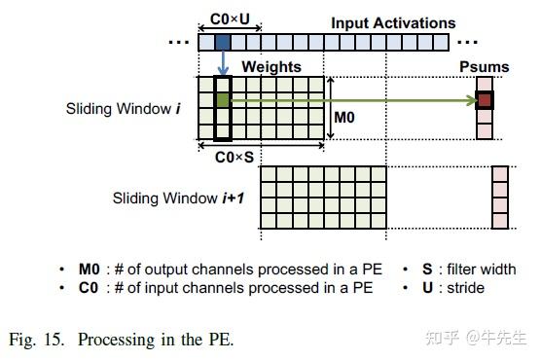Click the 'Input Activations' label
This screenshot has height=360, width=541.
tap(393, 22)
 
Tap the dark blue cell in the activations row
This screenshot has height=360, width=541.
tap(222, 42)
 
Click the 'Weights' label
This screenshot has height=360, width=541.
tap(270, 66)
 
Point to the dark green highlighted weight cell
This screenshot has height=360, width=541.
tap(222, 99)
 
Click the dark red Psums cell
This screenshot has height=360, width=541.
tap(484, 99)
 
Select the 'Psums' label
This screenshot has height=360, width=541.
tap(483, 66)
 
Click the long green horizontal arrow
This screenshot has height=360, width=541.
tap(350, 99)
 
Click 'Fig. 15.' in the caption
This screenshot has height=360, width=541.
tap(36, 341)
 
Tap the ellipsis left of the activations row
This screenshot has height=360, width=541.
tap(179, 43)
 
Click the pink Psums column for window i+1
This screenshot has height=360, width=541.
tap(498, 198)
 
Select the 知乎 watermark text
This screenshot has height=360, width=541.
tap(444, 338)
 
